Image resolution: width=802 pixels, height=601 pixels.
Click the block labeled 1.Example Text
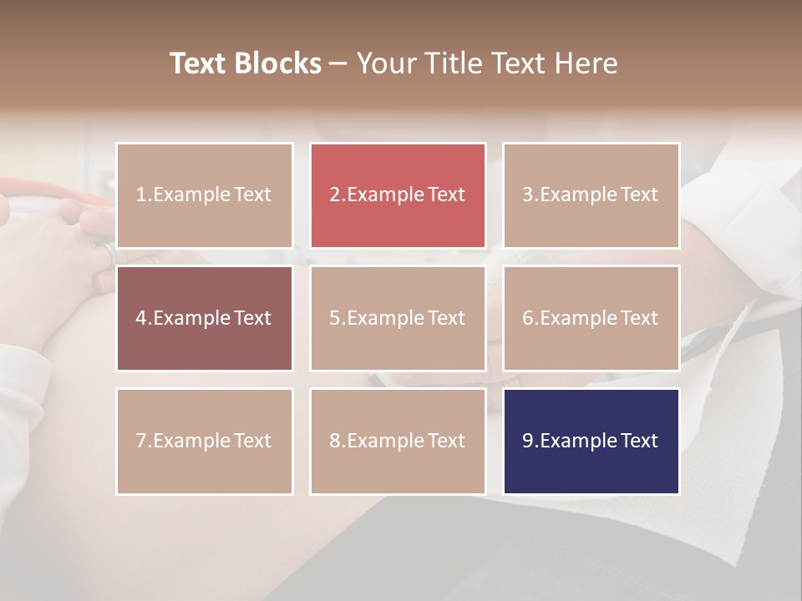(204, 195)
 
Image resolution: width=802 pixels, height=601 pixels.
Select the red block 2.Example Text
(398, 195)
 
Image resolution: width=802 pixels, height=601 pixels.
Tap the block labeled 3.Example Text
(591, 195)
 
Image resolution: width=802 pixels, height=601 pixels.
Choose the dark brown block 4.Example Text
(204, 318)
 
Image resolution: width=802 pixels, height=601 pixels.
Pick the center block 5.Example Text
(398, 318)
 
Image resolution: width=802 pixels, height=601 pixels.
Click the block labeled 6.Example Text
(591, 318)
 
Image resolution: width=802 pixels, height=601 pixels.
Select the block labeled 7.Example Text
(204, 441)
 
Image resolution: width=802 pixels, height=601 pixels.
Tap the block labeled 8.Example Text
(398, 441)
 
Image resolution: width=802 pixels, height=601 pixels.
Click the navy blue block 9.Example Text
(591, 441)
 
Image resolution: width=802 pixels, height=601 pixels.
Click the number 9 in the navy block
(528, 441)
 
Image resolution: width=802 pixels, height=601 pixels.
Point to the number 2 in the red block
(334, 195)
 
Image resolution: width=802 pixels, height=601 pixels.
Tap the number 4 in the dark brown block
(141, 318)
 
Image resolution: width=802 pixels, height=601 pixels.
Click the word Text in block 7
(252, 441)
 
